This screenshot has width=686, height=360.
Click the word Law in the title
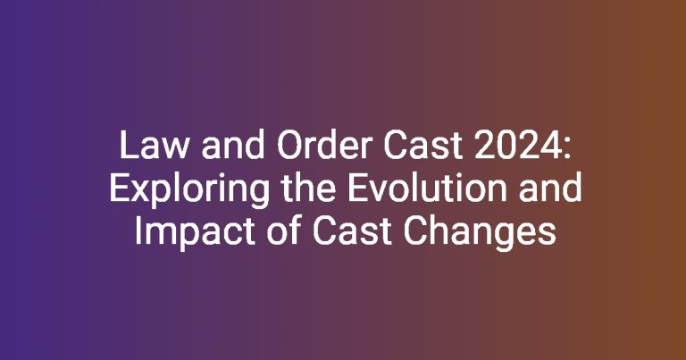[154, 146]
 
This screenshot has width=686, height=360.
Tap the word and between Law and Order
[233, 145]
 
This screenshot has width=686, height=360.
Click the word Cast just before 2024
[423, 146]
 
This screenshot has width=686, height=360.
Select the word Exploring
[189, 188]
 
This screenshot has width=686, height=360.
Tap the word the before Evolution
[308, 188]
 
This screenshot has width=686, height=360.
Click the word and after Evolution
[550, 188]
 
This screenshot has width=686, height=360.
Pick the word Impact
[195, 231]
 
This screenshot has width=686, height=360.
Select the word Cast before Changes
[353, 231]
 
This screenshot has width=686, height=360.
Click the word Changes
[480, 231]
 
